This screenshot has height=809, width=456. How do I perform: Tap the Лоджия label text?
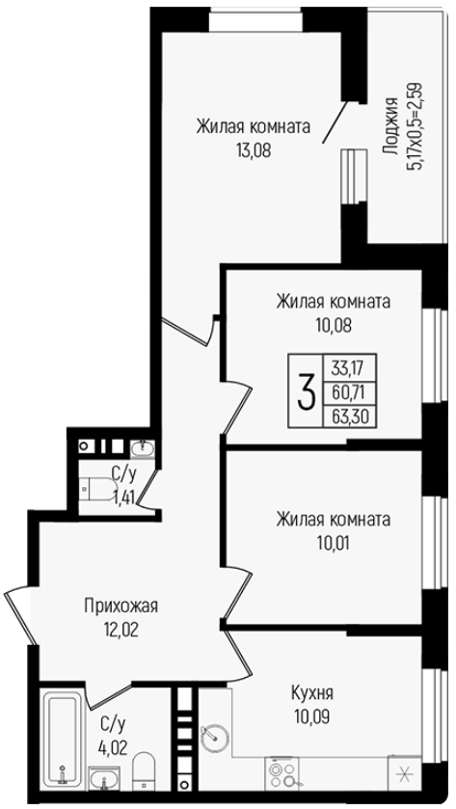coord(390,126)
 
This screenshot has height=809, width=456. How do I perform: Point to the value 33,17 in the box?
coord(349,369)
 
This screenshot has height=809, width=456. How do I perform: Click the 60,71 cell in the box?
coord(349,392)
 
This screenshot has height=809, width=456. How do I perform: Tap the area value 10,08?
coord(333,326)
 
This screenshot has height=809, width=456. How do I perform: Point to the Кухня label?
coord(312,693)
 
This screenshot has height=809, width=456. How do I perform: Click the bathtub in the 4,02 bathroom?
coord(62,739)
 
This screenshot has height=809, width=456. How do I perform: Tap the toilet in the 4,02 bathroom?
coord(144,770)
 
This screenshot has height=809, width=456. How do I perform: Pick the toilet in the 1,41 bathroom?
coord(99,488)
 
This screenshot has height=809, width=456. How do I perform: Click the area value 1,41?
coord(123,499)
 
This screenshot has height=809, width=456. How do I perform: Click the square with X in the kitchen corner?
coord(404,774)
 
